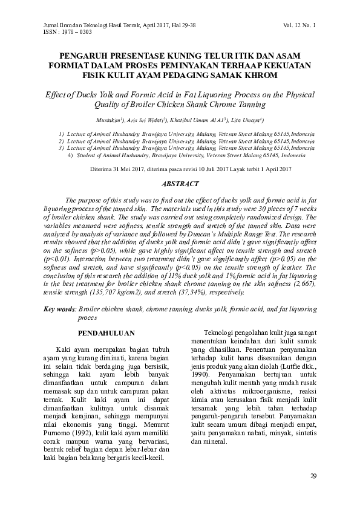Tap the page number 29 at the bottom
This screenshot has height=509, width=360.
point(313,476)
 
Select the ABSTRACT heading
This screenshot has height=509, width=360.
point(180,183)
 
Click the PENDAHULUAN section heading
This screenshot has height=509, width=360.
point(107,333)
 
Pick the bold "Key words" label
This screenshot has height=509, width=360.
point(59,308)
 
